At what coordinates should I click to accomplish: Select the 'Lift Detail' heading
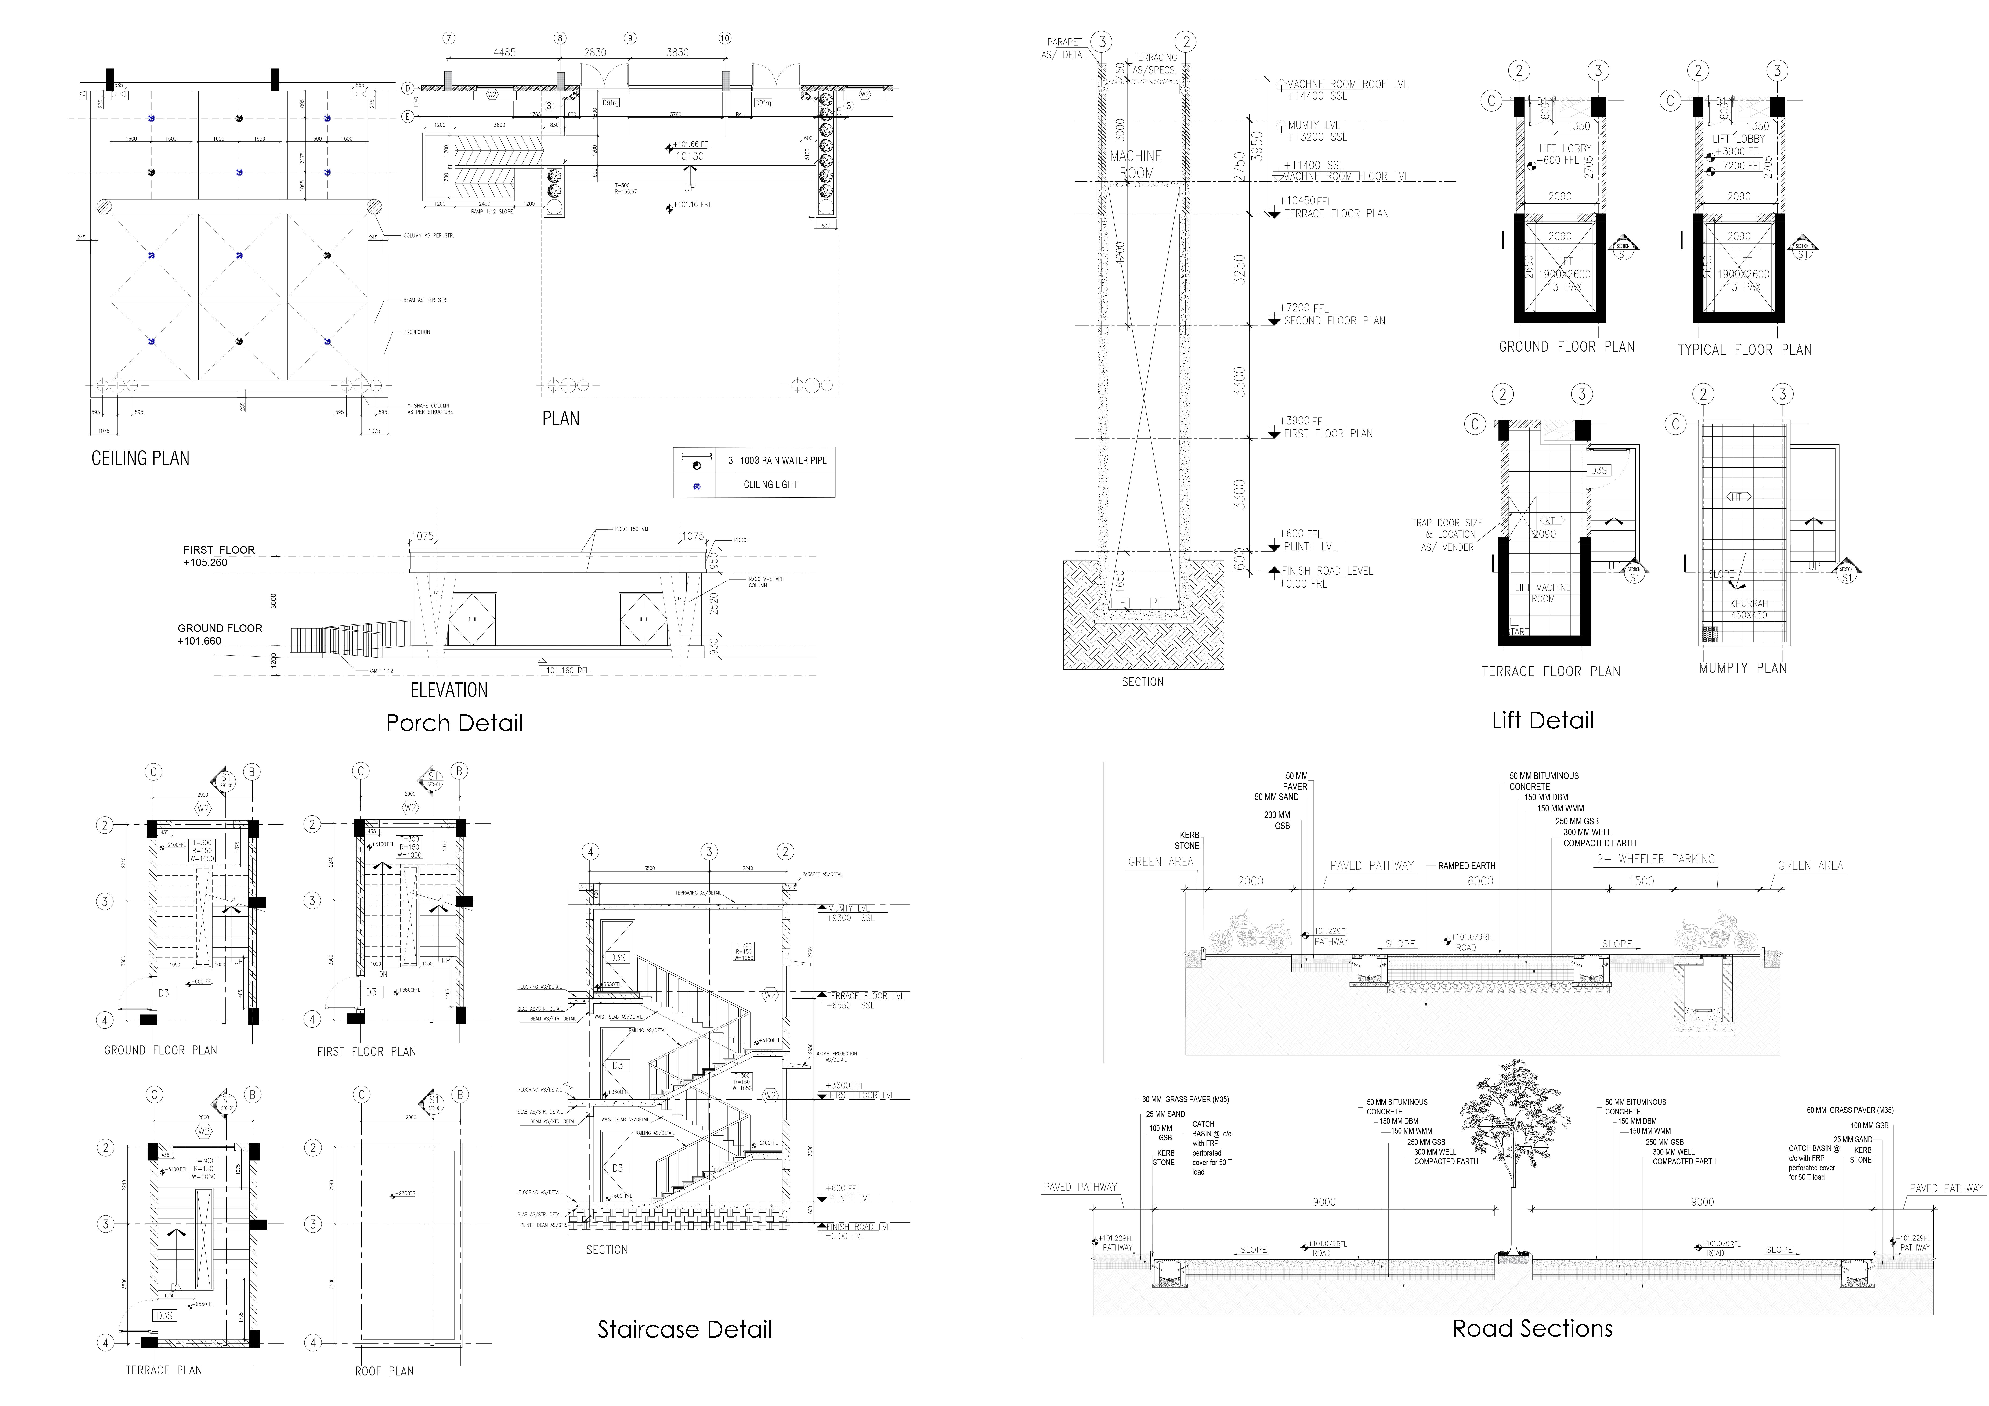click(1542, 720)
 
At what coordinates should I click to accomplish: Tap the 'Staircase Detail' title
click(684, 1329)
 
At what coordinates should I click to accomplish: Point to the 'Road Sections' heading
click(1533, 1328)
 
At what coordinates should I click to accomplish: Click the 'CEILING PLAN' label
click(140, 458)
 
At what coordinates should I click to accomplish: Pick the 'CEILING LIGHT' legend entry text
click(770, 484)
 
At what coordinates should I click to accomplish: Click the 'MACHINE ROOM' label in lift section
click(1136, 164)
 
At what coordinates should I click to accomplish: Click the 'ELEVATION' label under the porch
click(449, 690)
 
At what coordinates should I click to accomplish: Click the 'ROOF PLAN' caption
click(384, 1370)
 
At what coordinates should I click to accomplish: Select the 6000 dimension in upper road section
click(1480, 881)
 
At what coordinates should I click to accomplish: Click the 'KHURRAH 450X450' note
click(1748, 609)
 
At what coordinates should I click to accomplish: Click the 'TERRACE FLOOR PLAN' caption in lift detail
click(1550, 671)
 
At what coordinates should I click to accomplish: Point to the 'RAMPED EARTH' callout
click(1467, 865)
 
